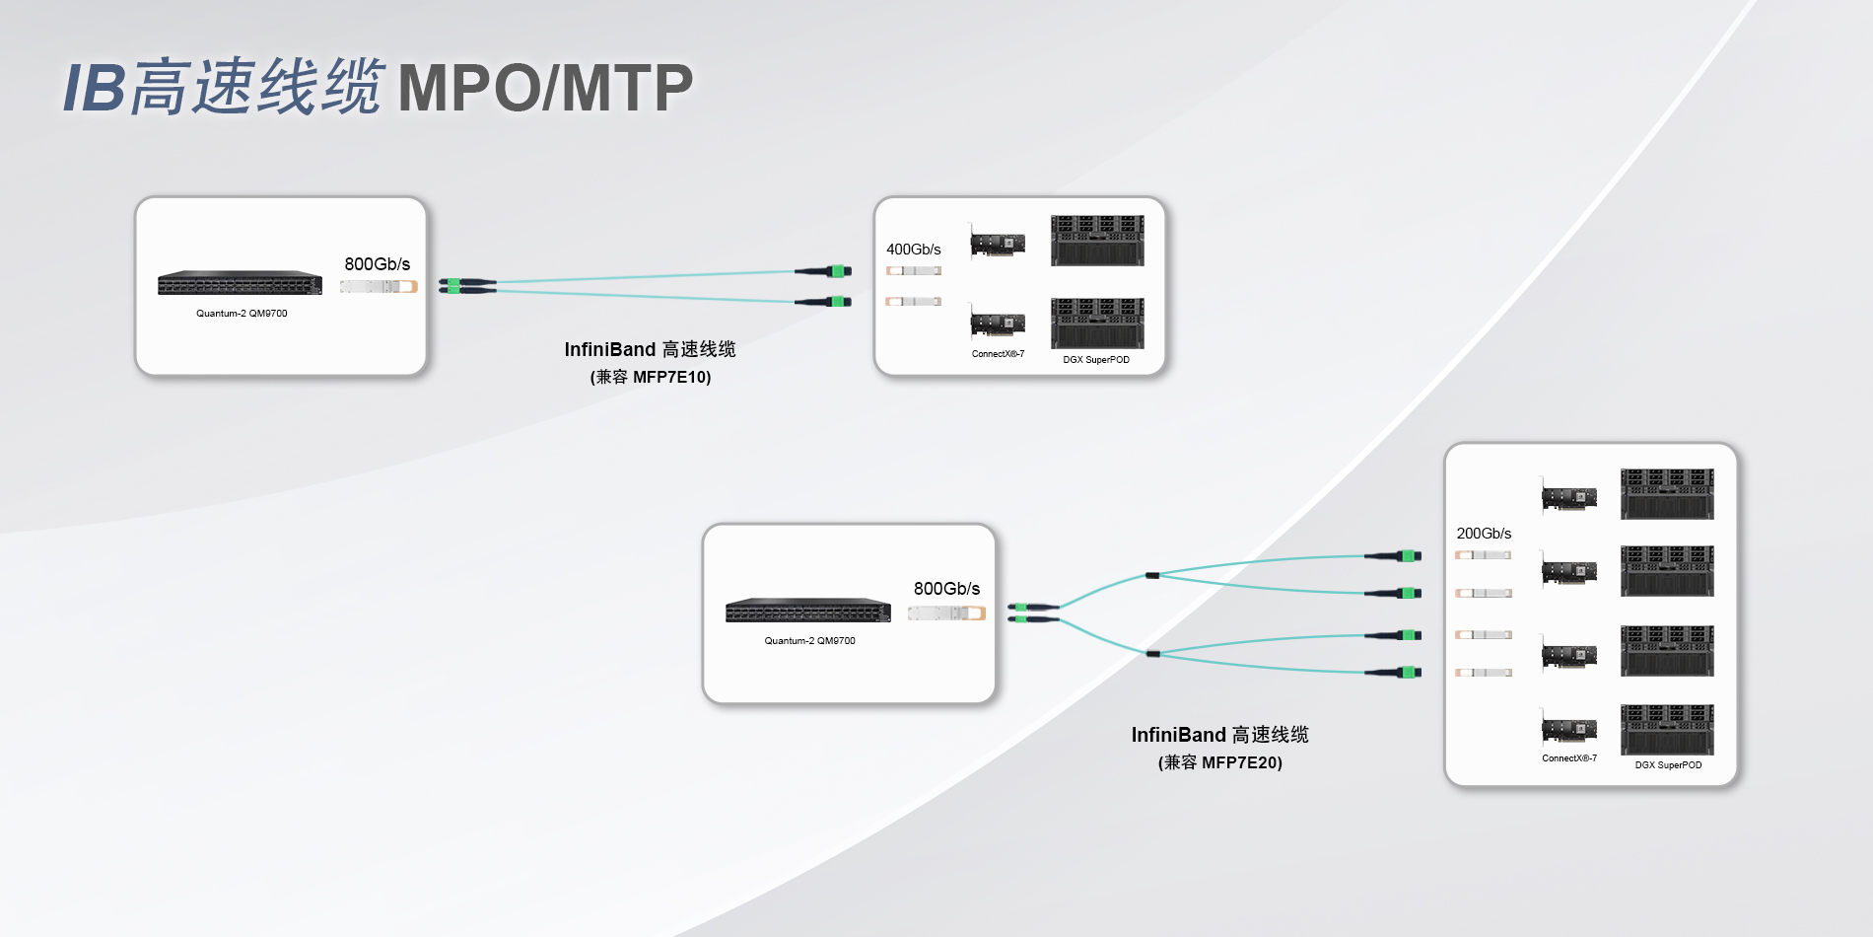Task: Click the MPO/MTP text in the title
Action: point(545,89)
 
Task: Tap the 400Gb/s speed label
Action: point(913,250)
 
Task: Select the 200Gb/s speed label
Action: point(1484,534)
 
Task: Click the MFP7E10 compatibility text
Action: point(651,377)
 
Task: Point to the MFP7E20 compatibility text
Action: point(1220,762)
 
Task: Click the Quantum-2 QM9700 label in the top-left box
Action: point(242,314)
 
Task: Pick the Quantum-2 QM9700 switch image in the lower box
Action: point(808,611)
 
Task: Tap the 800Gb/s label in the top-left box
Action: point(377,264)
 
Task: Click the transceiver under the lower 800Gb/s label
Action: point(946,613)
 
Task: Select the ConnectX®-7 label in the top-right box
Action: point(998,354)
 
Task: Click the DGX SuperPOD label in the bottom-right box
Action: point(1668,765)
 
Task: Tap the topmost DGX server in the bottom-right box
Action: point(1667,494)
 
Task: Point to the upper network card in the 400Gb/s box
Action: point(998,243)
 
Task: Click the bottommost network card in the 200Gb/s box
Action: point(1569,730)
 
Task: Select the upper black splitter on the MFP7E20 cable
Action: point(1152,575)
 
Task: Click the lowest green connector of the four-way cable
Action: point(1410,673)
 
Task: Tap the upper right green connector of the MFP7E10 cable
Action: point(838,271)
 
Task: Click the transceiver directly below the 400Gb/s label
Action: point(913,271)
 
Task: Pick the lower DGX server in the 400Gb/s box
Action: point(1097,323)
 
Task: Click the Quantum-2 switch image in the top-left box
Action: point(240,283)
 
